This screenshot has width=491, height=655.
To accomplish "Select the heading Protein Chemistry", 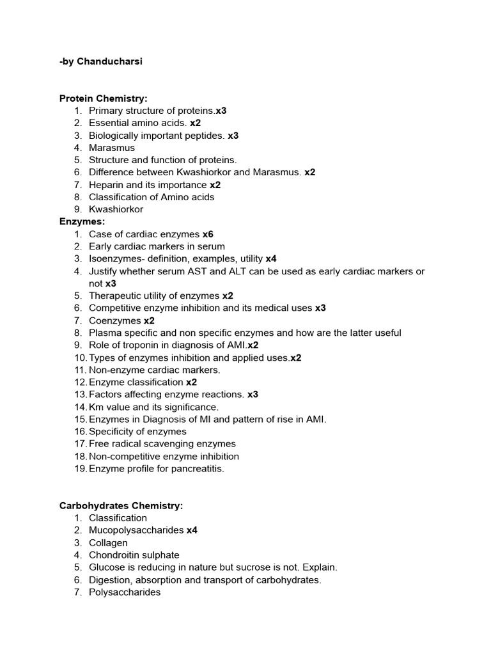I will [103, 99].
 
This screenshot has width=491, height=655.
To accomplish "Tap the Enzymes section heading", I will [82, 222].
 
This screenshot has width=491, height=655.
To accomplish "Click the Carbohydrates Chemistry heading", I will [121, 506].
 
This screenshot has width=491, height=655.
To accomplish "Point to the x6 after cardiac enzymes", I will [208, 234].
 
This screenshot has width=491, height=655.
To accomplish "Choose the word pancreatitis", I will [197, 469].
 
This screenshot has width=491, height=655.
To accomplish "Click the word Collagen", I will [108, 543].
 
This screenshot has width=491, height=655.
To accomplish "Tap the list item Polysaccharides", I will [125, 592].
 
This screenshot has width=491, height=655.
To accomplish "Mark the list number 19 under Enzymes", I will [80, 469].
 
